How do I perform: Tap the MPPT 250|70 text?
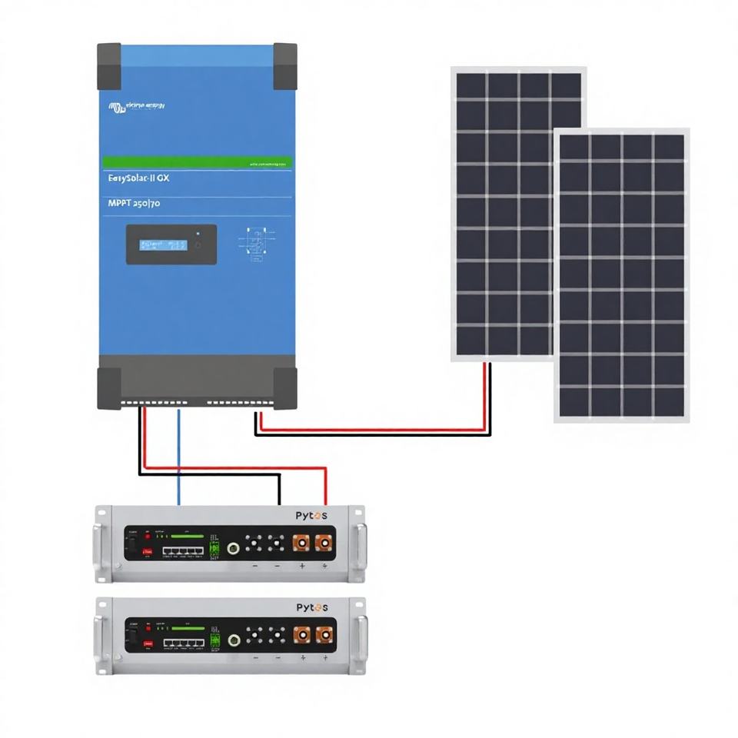click(x=131, y=203)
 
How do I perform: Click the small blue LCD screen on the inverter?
click(x=164, y=244)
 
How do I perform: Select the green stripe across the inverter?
click(x=197, y=163)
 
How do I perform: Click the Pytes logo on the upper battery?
click(x=311, y=516)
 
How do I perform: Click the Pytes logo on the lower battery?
click(x=311, y=607)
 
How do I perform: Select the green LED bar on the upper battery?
click(x=188, y=537)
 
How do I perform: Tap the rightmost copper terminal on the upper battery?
click(x=324, y=544)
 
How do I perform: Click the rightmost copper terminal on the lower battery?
click(x=324, y=636)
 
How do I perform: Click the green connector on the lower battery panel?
click(x=215, y=640)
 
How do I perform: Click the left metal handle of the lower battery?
click(x=101, y=634)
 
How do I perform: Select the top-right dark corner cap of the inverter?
click(x=284, y=66)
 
